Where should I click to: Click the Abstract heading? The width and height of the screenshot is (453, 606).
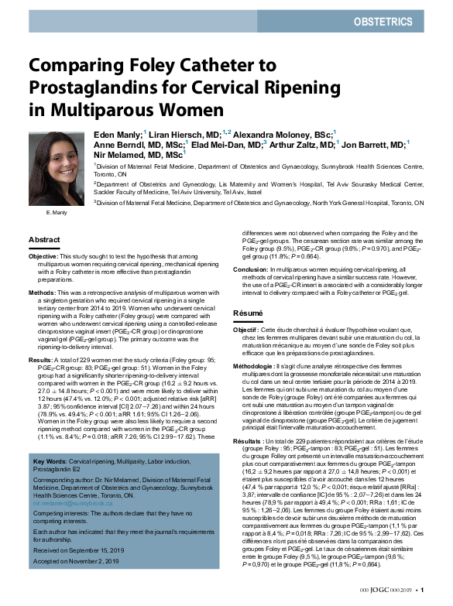(44, 240)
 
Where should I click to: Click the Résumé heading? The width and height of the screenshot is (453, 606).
(249, 313)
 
